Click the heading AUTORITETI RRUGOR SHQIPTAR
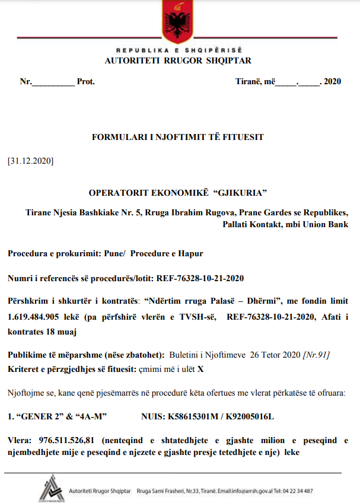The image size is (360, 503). coord(177,61)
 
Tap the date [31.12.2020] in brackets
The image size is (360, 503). coord(31,161)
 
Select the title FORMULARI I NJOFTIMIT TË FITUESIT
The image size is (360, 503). coord(177,137)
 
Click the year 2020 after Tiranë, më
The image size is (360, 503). coord(332,82)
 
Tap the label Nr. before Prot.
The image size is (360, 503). coord(26,82)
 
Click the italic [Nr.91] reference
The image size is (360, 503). coord(316,355)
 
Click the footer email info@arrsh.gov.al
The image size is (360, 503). coord(247,491)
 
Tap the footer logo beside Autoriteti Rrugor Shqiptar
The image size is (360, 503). coord(51,489)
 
